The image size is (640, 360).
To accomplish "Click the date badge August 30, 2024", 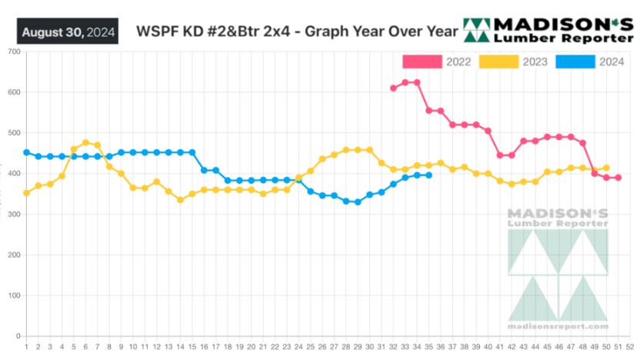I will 68,32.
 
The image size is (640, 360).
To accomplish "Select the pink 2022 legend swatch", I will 422,62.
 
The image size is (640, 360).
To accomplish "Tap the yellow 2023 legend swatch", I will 498,62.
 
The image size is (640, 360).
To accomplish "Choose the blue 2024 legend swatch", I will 575,62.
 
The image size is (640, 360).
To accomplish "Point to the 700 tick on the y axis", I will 14,52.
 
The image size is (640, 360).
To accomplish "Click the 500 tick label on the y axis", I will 14,133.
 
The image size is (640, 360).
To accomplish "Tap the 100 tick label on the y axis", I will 14,295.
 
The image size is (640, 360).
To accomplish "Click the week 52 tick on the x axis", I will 630,346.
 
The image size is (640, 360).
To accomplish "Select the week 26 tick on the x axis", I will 322,346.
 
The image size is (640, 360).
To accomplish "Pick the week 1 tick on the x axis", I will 26,346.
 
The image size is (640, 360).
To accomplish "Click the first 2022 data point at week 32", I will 393,88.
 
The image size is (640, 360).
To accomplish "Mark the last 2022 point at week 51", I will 618,178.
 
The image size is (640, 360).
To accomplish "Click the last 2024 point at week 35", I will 428,175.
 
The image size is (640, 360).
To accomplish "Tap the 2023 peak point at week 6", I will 85,143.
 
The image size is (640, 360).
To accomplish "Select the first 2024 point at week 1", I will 26,152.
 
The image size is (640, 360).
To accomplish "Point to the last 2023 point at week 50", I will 606,168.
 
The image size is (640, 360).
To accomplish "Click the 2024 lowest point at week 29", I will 358,202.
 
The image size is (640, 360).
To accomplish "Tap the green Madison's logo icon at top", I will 476,30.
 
